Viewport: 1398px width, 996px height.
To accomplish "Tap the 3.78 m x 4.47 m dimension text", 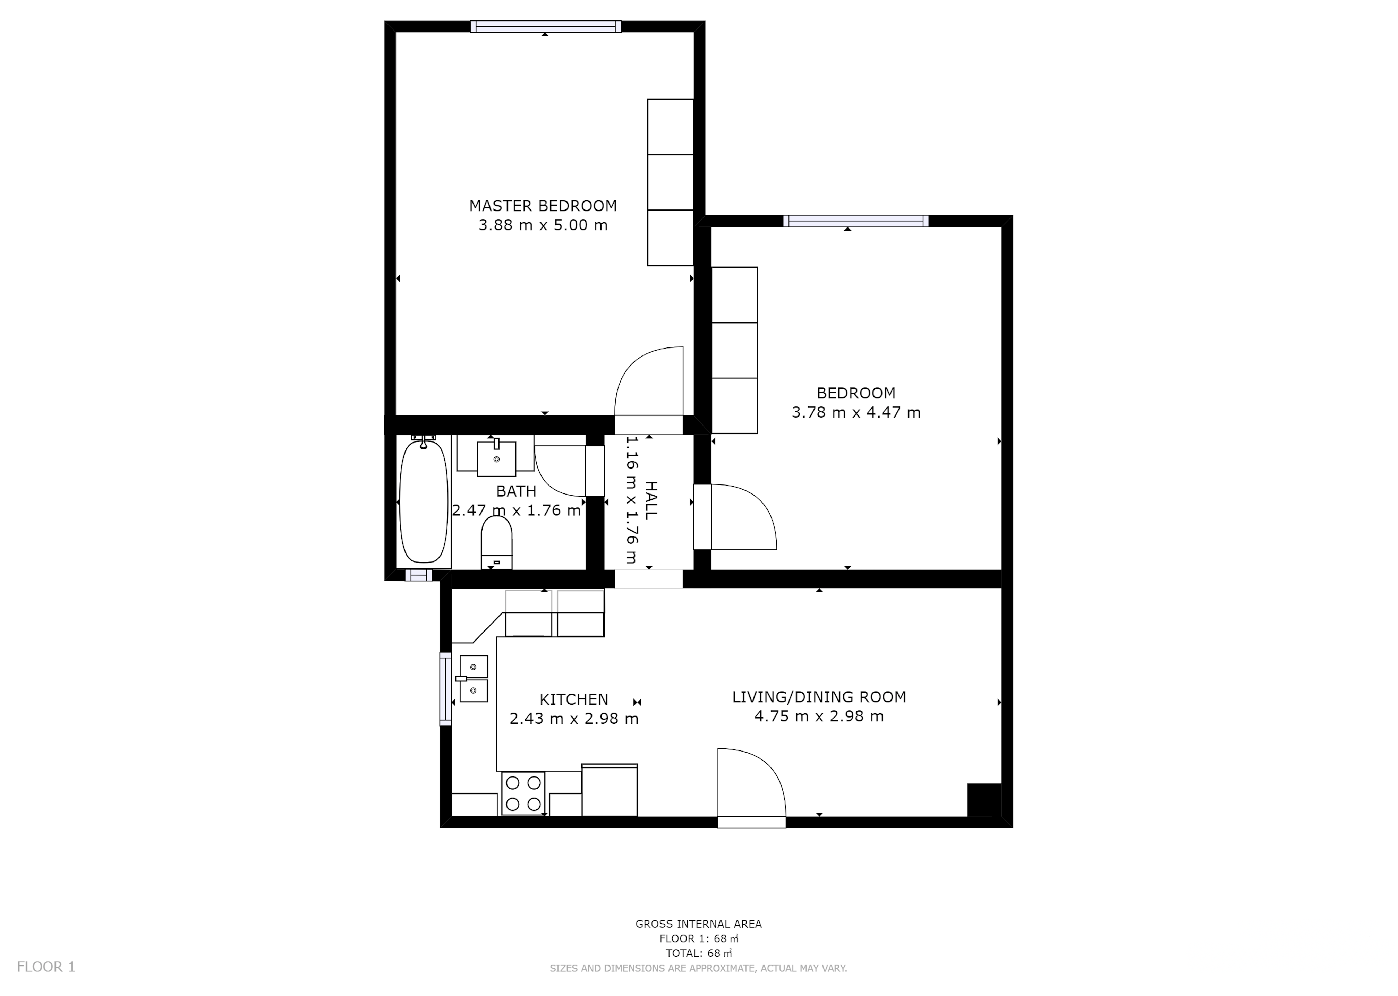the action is (856, 412).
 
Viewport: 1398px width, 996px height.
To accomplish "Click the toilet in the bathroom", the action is (496, 542).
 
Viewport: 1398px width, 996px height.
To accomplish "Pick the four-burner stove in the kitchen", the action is (523, 793).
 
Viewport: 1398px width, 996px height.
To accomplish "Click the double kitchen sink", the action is (474, 678).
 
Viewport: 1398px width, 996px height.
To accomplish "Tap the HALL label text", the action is (651, 500).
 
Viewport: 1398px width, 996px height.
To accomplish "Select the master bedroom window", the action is (545, 26).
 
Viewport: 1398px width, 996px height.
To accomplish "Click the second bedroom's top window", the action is (856, 221).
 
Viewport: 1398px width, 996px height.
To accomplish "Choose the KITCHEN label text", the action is (573, 699).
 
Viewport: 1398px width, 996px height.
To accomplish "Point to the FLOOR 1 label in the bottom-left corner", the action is (46, 967).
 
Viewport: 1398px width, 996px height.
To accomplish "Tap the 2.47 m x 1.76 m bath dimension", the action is (517, 510).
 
